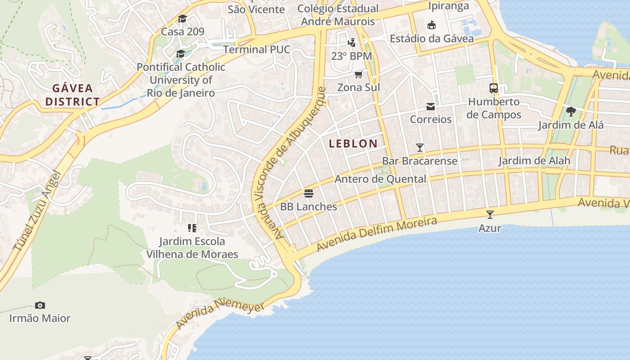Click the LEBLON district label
coord(353,144)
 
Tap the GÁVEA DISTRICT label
coord(72,95)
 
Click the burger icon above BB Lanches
coord(309,193)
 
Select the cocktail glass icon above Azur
coord(490,215)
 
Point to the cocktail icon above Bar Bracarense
coord(420,147)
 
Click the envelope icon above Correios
coord(431,107)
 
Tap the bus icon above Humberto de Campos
coord(494,88)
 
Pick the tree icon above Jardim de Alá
coord(571,112)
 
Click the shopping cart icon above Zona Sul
coord(358,74)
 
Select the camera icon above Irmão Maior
coord(40,305)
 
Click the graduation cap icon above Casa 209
coord(182,19)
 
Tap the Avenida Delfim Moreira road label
coord(377,234)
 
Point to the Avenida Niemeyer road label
coord(220,314)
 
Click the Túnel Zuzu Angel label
coord(37,211)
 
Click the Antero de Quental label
coord(380,179)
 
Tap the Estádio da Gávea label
coord(432,39)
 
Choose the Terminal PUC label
coord(256,49)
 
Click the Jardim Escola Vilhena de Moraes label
coord(192,248)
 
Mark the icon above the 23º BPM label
coord(351,43)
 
